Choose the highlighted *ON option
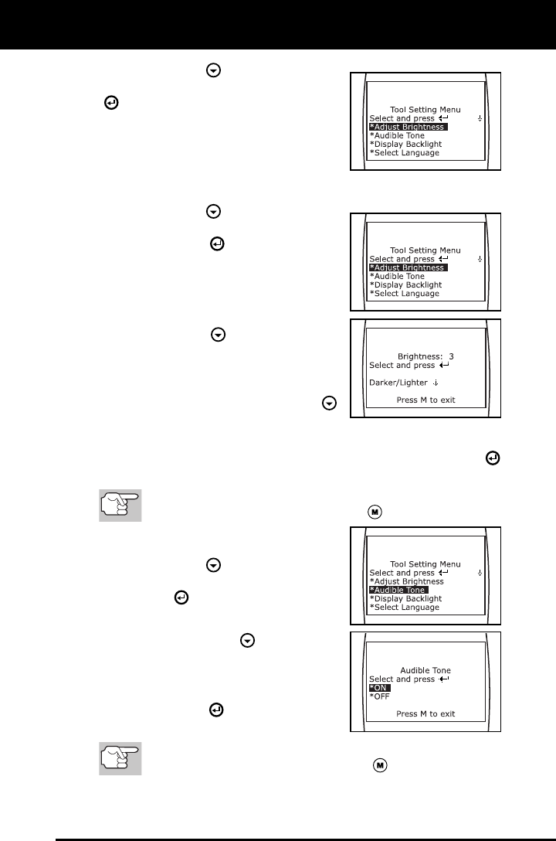[380, 688]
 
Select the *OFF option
[380, 696]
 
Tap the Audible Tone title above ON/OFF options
[426, 670]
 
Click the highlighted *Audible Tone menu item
[398, 590]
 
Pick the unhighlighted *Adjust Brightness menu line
[406, 581]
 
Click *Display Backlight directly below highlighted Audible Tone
[405, 598]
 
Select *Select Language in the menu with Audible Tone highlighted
[404, 608]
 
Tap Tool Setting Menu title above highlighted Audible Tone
[426, 564]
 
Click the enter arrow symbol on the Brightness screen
[443, 365]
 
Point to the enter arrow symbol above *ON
[443, 679]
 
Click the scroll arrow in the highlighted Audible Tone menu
[480, 573]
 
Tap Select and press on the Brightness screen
[402, 365]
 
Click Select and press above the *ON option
[402, 679]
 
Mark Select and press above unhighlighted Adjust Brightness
[402, 573]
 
